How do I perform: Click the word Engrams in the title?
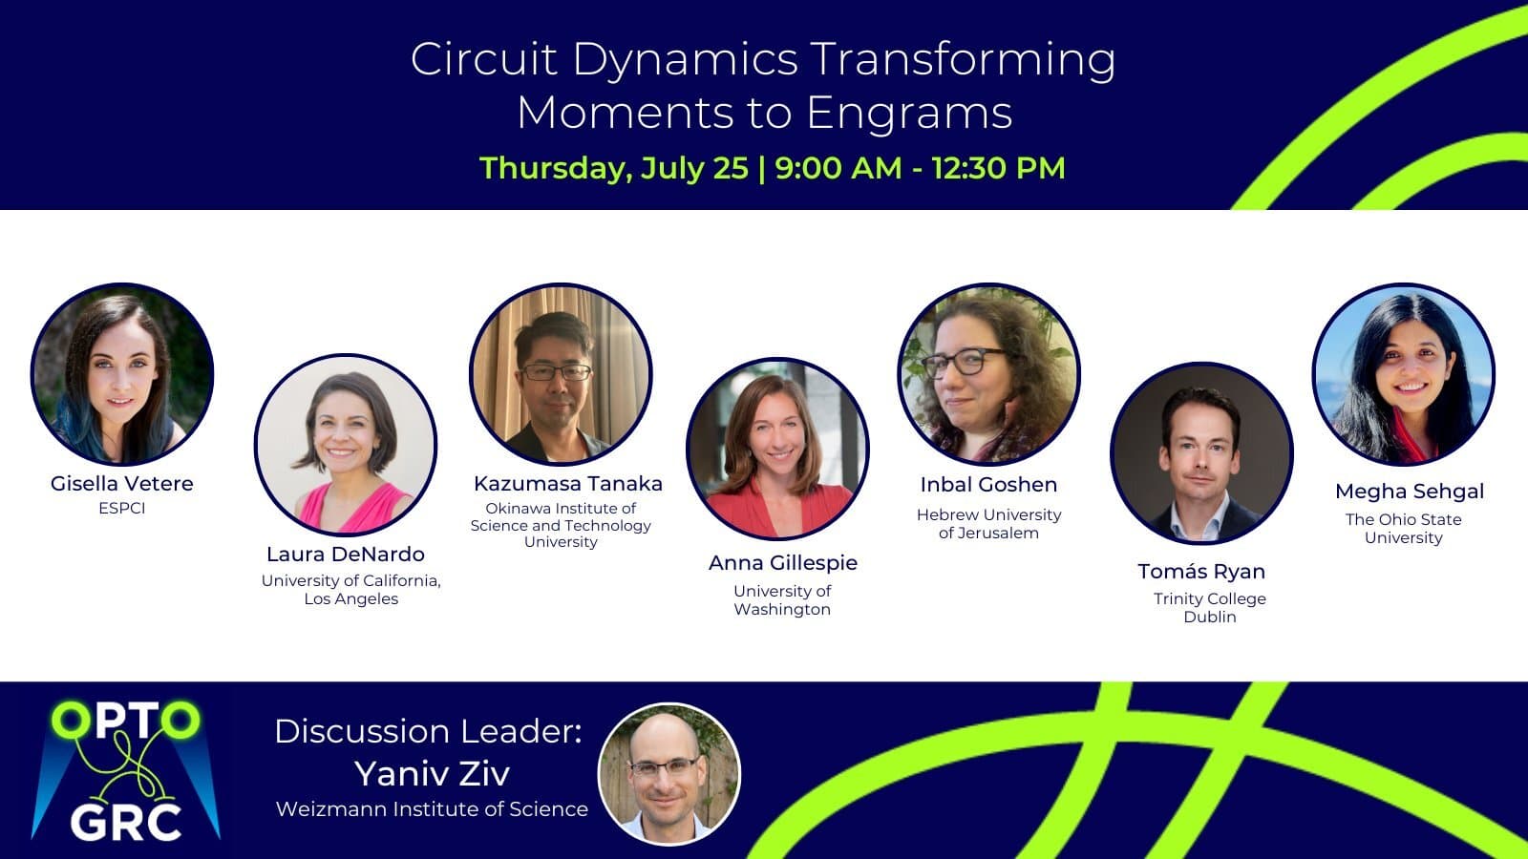click(909, 113)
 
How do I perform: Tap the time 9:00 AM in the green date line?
click(838, 168)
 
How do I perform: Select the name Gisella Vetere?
click(122, 483)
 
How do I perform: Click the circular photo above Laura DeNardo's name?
click(346, 444)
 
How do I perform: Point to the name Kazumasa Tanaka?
click(568, 483)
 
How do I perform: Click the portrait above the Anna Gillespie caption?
click(777, 449)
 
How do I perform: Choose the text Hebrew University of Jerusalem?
click(989, 524)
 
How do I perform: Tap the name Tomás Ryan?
click(1201, 572)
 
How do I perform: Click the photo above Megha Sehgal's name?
click(1404, 374)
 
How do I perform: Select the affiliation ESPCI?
click(122, 508)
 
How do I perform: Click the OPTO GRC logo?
click(125, 770)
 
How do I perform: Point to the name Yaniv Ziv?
click(432, 773)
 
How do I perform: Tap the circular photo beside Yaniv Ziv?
click(669, 774)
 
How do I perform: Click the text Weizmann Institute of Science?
click(432, 809)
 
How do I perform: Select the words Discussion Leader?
click(429, 731)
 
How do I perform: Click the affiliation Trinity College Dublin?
click(1209, 607)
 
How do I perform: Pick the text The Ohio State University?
click(1404, 529)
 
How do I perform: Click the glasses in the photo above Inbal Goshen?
click(963, 362)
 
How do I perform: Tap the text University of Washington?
click(782, 600)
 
